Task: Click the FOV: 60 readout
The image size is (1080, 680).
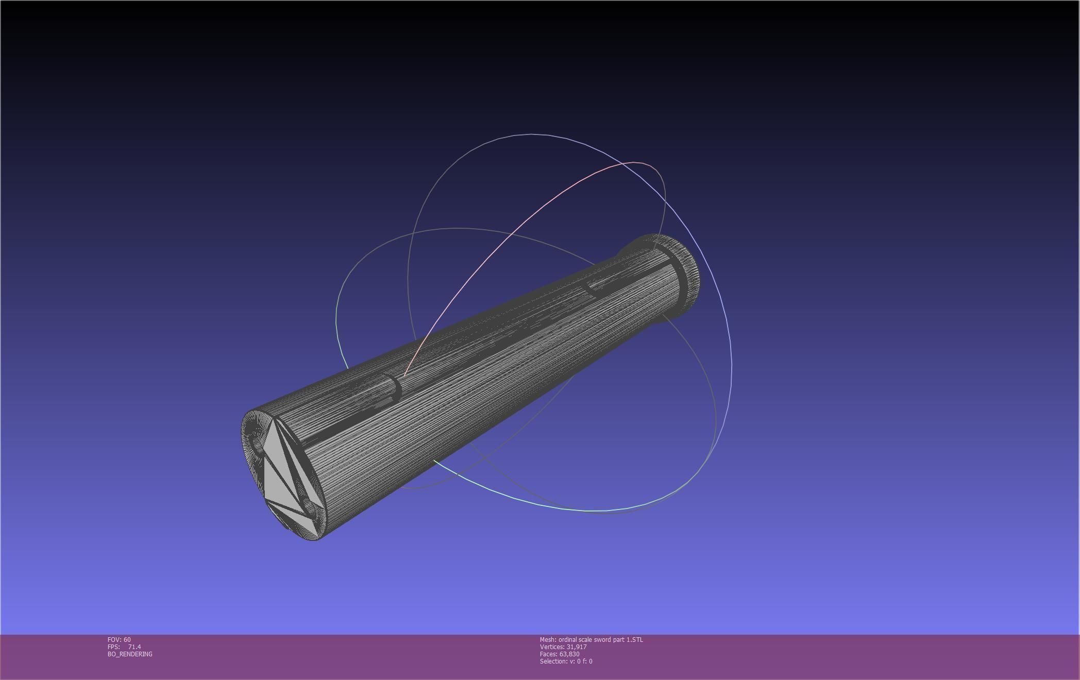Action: point(119,640)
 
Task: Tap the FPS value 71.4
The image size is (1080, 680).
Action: point(134,647)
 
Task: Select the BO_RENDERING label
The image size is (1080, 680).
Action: point(130,654)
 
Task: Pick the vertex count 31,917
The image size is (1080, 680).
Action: point(577,647)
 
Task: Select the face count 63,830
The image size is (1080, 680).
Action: point(569,654)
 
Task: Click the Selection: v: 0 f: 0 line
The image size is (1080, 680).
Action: point(566,661)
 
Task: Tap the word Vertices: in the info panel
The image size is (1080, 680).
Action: point(552,647)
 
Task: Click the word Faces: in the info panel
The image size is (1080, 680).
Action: point(549,654)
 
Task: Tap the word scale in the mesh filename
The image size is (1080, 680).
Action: point(585,640)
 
